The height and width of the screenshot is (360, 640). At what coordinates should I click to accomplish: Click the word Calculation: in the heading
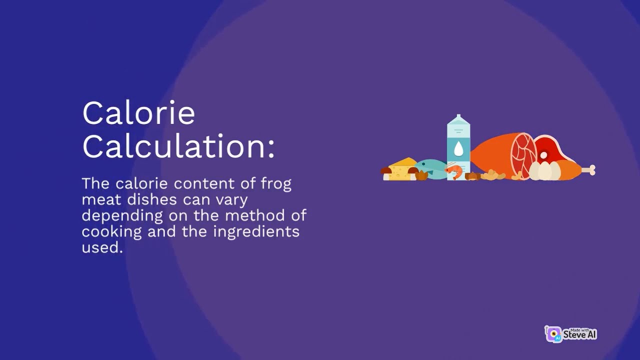178,146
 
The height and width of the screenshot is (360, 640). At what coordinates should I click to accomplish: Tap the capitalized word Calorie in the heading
138,113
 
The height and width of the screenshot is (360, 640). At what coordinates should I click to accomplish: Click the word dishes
149,200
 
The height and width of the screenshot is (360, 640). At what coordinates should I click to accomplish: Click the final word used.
102,248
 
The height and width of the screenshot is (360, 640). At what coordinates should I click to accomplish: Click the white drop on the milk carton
458,148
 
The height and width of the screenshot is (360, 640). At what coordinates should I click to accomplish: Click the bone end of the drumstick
590,170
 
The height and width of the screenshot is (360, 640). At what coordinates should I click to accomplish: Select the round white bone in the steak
543,155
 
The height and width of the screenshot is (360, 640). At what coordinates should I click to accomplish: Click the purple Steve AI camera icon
553,334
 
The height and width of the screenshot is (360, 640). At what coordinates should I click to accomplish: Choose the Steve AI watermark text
579,334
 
